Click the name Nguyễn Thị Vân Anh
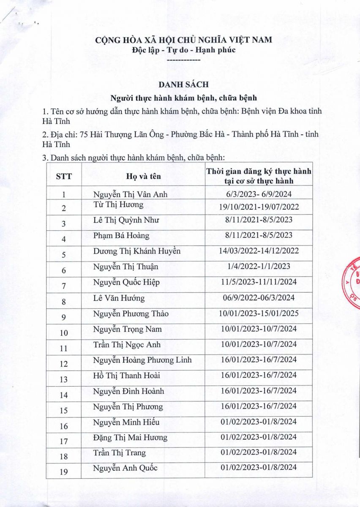[131, 194]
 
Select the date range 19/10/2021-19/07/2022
[259, 207]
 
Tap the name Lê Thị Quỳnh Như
[126, 220]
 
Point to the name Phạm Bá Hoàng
[121, 235]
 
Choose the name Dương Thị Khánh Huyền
[137, 251]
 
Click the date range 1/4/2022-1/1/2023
[259, 267]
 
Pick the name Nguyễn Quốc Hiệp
[126, 282]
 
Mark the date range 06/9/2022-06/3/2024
[259, 298]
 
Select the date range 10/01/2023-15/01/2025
[259, 313]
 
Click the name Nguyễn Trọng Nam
[128, 329]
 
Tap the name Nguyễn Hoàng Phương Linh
[142, 360]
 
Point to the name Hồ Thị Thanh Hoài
[127, 375]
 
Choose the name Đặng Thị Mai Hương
[130, 437]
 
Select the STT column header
[64, 177]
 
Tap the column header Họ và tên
[143, 177]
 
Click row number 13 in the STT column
[64, 379]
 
